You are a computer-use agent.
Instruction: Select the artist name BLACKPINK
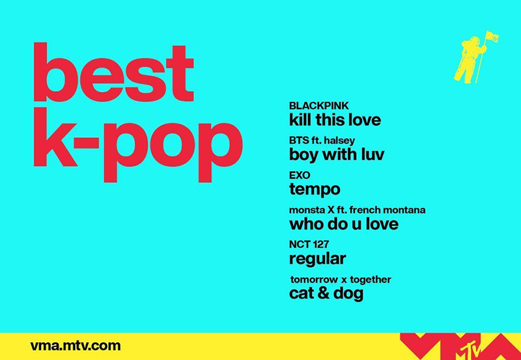(x=319, y=105)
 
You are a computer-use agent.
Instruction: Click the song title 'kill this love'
(x=335, y=120)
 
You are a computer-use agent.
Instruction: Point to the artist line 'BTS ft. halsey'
(x=322, y=141)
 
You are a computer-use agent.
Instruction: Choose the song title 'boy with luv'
(x=337, y=156)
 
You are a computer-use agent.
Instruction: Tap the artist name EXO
(x=300, y=175)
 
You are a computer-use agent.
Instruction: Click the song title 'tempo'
(x=314, y=190)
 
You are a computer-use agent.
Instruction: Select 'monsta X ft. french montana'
(x=357, y=210)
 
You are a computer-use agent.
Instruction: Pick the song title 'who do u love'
(x=343, y=225)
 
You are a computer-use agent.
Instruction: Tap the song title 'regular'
(x=317, y=259)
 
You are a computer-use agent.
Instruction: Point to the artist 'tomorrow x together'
(x=341, y=280)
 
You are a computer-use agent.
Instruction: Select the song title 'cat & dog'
(x=326, y=294)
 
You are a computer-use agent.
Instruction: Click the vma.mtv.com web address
(x=76, y=346)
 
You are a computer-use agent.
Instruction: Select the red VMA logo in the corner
(x=456, y=346)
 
